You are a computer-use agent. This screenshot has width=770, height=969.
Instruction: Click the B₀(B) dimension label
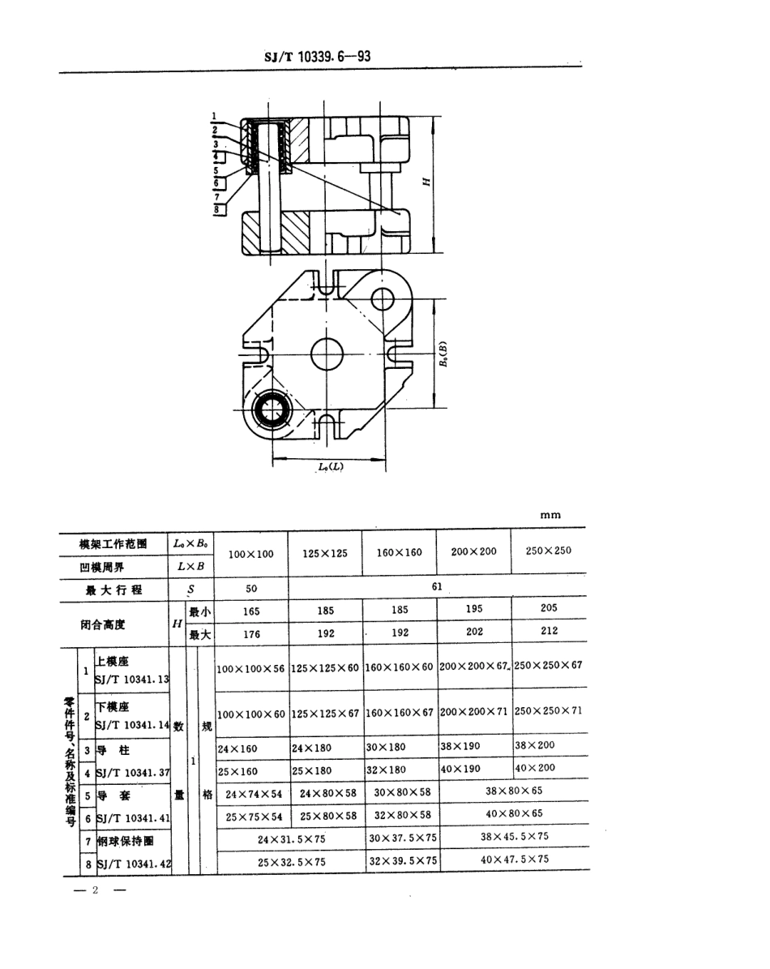443,355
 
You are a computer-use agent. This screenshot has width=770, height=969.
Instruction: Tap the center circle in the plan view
327,354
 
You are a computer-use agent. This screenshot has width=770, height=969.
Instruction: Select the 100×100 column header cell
250,554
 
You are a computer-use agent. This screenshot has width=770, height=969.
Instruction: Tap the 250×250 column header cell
548,551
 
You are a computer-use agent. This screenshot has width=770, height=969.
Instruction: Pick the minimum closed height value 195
474,608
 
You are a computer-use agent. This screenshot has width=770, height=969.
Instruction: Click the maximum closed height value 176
251,635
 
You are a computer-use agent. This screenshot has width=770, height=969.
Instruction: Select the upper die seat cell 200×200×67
474,667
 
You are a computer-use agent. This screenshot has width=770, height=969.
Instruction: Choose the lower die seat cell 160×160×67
400,712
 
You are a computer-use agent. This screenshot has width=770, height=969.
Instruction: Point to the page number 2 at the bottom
95,890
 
